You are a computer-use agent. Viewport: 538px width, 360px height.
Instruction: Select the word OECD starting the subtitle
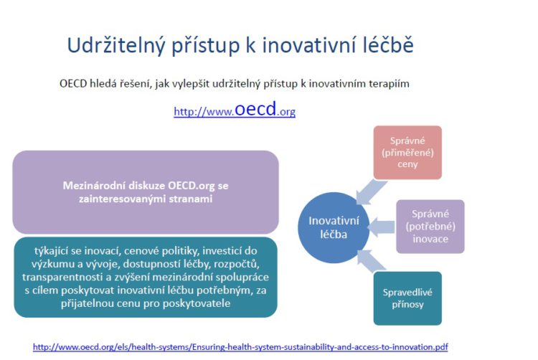pyautogui.click(x=73, y=83)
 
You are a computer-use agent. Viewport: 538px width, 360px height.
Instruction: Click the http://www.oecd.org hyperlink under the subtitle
pyautogui.click(x=235, y=109)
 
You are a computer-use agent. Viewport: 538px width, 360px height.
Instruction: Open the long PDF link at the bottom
pyautogui.click(x=240, y=347)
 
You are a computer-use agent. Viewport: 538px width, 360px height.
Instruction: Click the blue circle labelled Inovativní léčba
pyautogui.click(x=334, y=227)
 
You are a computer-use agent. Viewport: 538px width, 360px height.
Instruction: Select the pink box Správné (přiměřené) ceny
pyautogui.click(x=407, y=152)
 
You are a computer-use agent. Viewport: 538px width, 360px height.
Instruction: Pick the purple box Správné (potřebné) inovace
pyautogui.click(x=430, y=227)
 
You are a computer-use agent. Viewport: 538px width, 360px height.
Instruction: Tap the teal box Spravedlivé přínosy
pyautogui.click(x=407, y=298)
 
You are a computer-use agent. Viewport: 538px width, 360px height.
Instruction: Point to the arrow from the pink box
pyautogui.click(x=371, y=191)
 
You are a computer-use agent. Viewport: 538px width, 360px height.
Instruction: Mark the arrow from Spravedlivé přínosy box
pyautogui.click(x=371, y=261)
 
